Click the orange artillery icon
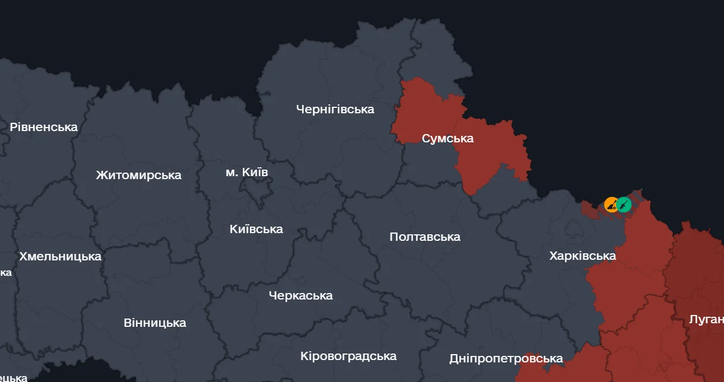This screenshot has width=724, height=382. [611, 205]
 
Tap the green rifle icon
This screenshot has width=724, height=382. [624, 205]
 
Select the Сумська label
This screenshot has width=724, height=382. [447, 139]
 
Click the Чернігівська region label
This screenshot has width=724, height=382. [335, 109]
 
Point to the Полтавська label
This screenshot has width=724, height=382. [424, 237]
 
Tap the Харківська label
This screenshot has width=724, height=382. [582, 256]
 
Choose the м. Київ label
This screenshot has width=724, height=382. [247, 173]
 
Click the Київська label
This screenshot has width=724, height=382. [256, 229]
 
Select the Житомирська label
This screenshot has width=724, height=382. [138, 175]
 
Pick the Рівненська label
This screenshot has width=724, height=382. [44, 127]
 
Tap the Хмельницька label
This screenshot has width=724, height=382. [60, 257]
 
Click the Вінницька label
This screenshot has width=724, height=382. [154, 323]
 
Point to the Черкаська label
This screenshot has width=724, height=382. [300, 295]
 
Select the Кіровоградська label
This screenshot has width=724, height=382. [348, 356]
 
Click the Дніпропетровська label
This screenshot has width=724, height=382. [506, 359]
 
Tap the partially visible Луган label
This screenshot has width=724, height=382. [706, 320]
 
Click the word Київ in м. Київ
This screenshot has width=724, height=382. [256, 173]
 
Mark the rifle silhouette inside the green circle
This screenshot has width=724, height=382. [624, 205]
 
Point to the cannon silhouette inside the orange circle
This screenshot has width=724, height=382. [611, 205]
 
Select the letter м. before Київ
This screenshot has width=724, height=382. [231, 173]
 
